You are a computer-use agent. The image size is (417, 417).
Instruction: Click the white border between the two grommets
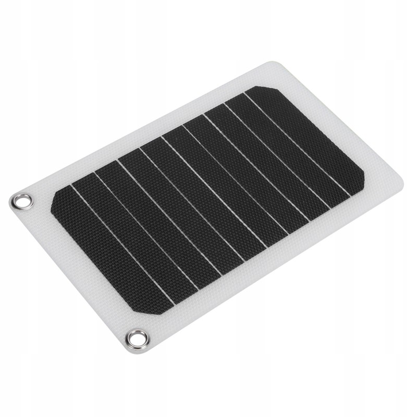78,271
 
